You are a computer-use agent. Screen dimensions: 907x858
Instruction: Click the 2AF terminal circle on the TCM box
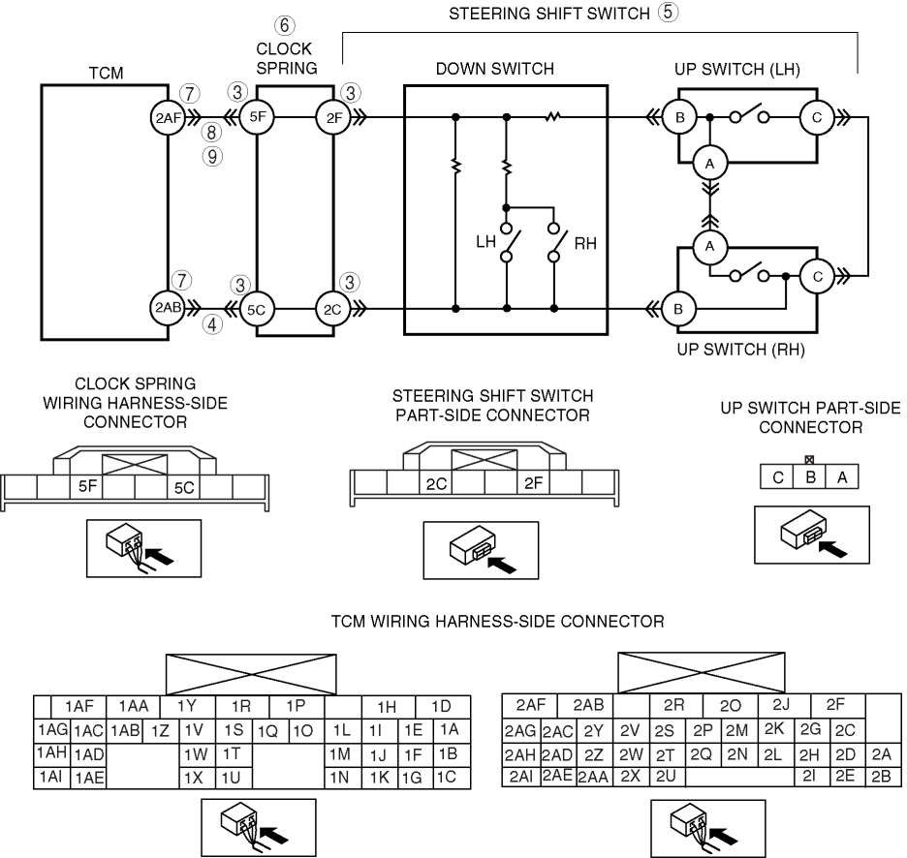click(168, 118)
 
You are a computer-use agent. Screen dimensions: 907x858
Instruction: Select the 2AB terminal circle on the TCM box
click(168, 308)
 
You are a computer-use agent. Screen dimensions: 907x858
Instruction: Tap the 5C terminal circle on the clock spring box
click(256, 310)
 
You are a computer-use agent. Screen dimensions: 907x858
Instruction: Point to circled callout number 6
click(284, 25)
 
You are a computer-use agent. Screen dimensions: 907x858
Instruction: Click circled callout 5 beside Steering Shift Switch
click(668, 13)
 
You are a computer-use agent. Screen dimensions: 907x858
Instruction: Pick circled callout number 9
click(212, 157)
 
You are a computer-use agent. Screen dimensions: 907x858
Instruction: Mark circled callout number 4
click(212, 325)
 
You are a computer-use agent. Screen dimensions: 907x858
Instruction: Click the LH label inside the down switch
click(485, 242)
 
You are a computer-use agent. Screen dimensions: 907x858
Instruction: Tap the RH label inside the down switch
click(585, 243)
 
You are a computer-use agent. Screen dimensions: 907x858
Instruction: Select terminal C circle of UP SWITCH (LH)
click(817, 118)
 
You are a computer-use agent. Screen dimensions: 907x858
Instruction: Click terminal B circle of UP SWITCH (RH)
click(678, 309)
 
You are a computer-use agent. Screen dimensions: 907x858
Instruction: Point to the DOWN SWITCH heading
click(494, 69)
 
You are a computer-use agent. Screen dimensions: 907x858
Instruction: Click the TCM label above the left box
click(106, 74)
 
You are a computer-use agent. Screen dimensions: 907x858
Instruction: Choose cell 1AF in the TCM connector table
click(79, 707)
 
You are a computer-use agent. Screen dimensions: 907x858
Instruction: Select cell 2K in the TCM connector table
click(773, 729)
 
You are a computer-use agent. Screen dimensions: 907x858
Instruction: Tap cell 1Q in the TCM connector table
click(267, 732)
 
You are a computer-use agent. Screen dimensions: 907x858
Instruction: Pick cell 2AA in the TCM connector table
click(593, 778)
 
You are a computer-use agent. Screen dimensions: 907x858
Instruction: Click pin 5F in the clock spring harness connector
click(87, 487)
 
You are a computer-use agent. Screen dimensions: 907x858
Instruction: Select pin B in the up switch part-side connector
click(810, 477)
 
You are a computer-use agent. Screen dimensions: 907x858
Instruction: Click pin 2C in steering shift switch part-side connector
click(436, 483)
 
